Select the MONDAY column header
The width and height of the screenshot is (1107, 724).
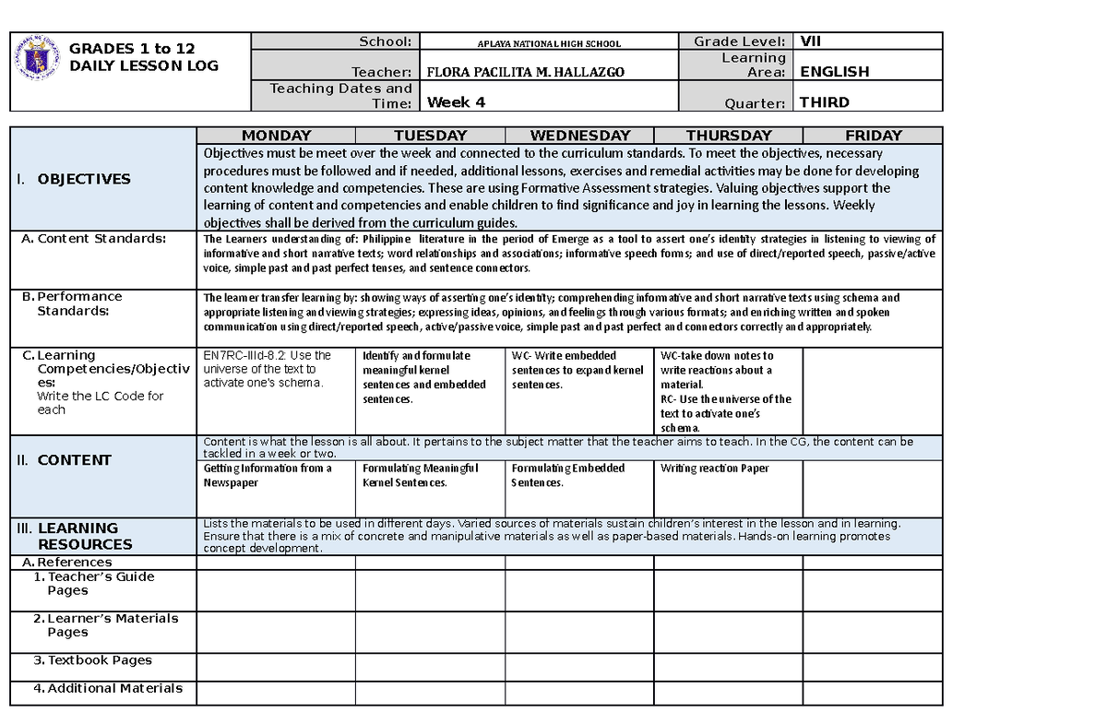point(276,136)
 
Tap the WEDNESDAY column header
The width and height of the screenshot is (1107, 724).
point(579,136)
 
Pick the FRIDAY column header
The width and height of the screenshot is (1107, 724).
point(873,136)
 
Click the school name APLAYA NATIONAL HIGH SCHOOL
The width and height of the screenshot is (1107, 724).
point(548,43)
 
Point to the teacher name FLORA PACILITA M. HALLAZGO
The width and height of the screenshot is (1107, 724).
point(511,72)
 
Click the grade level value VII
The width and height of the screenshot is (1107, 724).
point(811,41)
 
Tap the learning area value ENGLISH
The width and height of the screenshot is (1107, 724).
point(834,71)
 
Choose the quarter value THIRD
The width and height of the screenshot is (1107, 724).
point(825,102)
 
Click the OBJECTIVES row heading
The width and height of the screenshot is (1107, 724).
point(84,179)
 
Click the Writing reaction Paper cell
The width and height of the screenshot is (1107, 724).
point(715,469)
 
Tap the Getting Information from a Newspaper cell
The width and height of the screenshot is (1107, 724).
point(268,475)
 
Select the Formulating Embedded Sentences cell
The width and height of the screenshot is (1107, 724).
point(568,475)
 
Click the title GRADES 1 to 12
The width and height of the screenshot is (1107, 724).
point(132,49)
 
